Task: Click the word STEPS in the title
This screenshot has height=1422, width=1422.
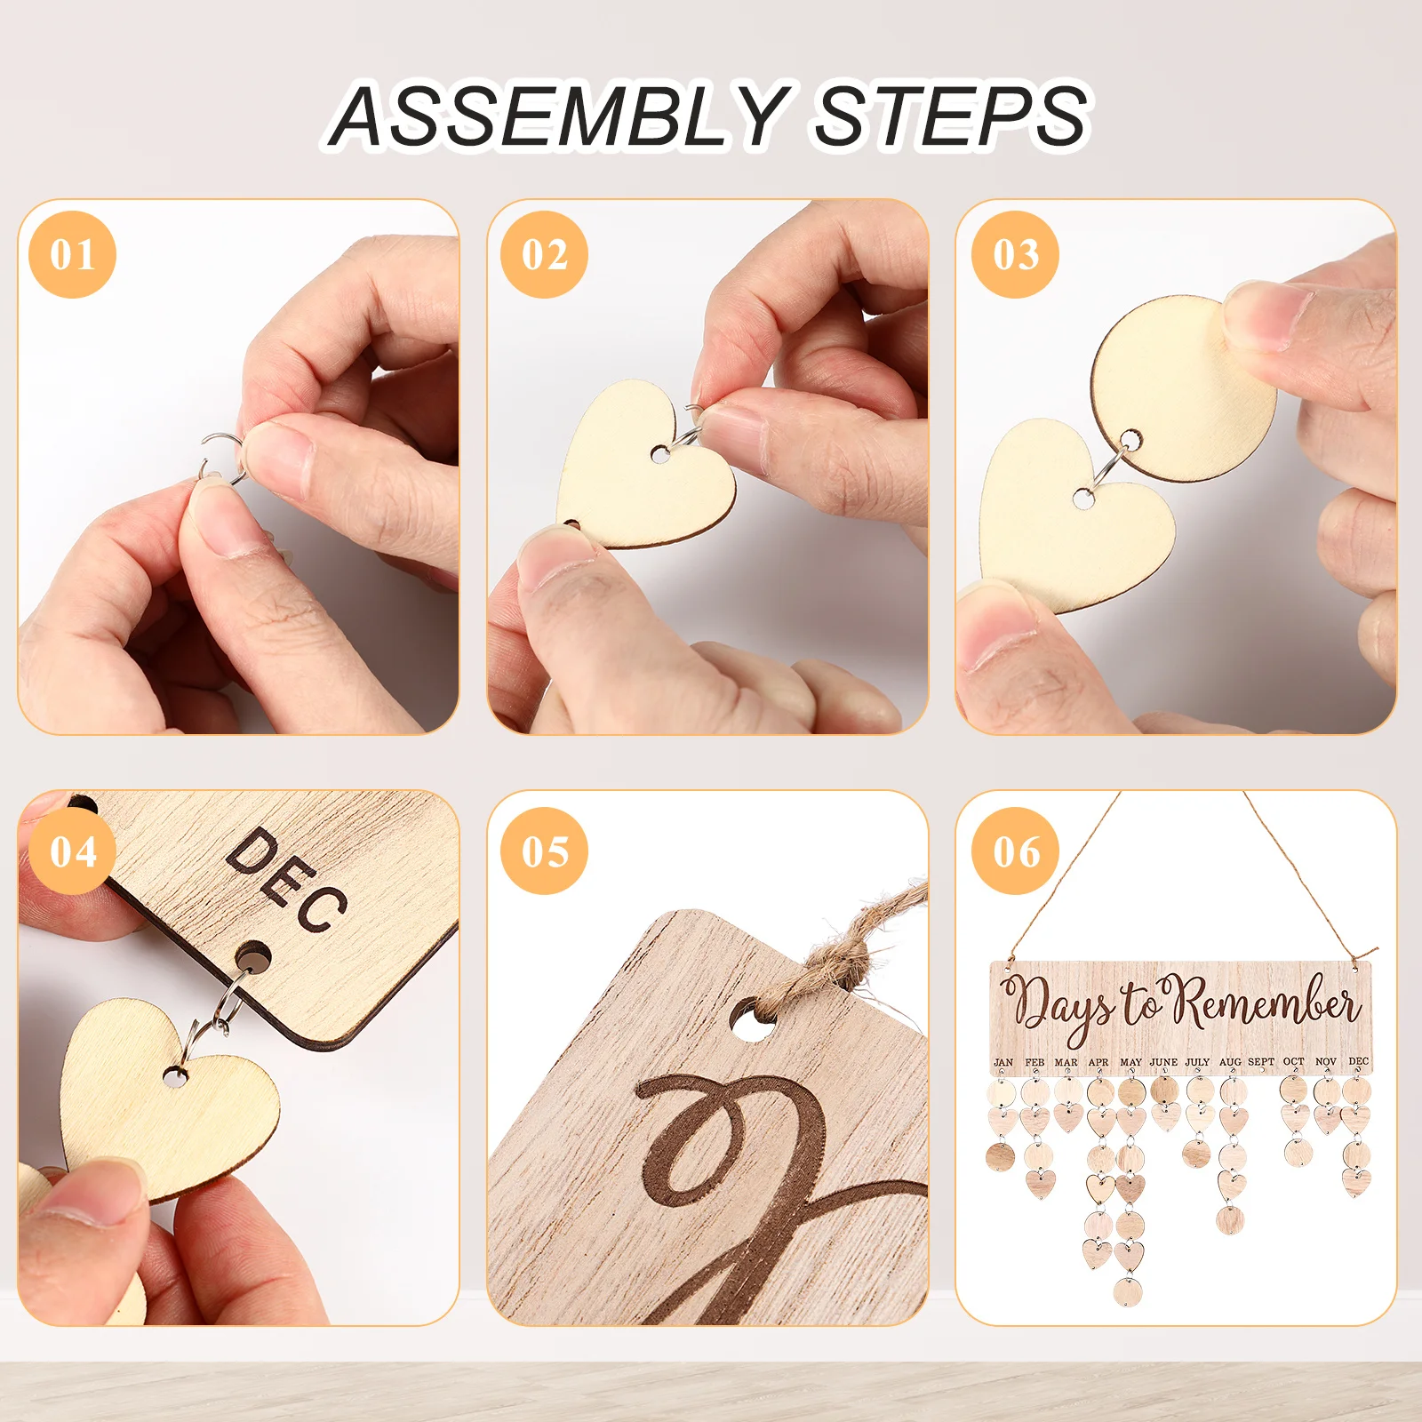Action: click(x=951, y=115)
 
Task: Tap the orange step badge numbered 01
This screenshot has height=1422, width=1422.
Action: click(x=72, y=255)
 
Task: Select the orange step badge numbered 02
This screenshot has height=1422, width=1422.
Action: click(x=544, y=255)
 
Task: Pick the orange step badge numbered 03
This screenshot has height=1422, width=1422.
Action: click(x=1016, y=255)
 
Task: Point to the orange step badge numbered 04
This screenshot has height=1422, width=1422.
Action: click(x=72, y=851)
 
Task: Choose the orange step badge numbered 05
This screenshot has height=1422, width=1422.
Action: click(x=544, y=851)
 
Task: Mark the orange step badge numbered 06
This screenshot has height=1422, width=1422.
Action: click(x=1016, y=851)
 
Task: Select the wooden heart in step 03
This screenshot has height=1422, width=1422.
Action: click(x=1071, y=515)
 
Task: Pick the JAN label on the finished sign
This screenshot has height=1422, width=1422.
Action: click(x=1003, y=1062)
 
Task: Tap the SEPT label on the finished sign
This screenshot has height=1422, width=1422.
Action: click(x=1261, y=1062)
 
